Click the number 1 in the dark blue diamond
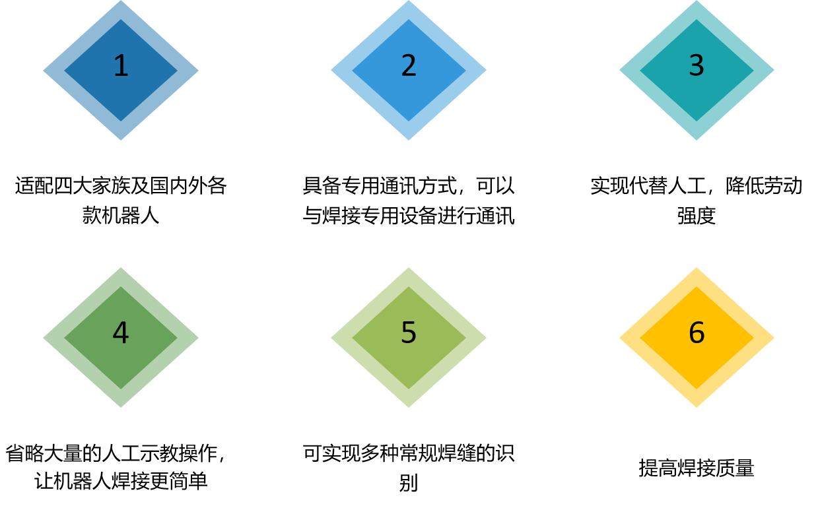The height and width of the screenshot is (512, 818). (121, 66)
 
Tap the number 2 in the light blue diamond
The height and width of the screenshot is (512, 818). (409, 66)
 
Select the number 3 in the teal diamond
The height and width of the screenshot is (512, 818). (697, 66)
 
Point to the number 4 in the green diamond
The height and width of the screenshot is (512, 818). (121, 333)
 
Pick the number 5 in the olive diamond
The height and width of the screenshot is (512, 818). (409, 333)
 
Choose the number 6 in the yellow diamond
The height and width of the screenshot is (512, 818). (697, 333)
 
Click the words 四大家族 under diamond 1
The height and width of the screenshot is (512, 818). (92, 186)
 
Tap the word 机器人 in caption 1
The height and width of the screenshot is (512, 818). (130, 215)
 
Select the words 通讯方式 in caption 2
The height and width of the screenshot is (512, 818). (418, 186)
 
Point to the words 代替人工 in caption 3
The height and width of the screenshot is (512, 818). (668, 186)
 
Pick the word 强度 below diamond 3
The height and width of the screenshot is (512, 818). (697, 215)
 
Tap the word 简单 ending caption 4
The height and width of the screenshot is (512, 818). (188, 481)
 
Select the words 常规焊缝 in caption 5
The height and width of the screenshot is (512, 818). (437, 453)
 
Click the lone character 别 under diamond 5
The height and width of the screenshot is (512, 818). (409, 483)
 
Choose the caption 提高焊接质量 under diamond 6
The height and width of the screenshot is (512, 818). (697, 468)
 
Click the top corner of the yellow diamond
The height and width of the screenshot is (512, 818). (697, 267)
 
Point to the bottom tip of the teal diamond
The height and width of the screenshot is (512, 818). (697, 140)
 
